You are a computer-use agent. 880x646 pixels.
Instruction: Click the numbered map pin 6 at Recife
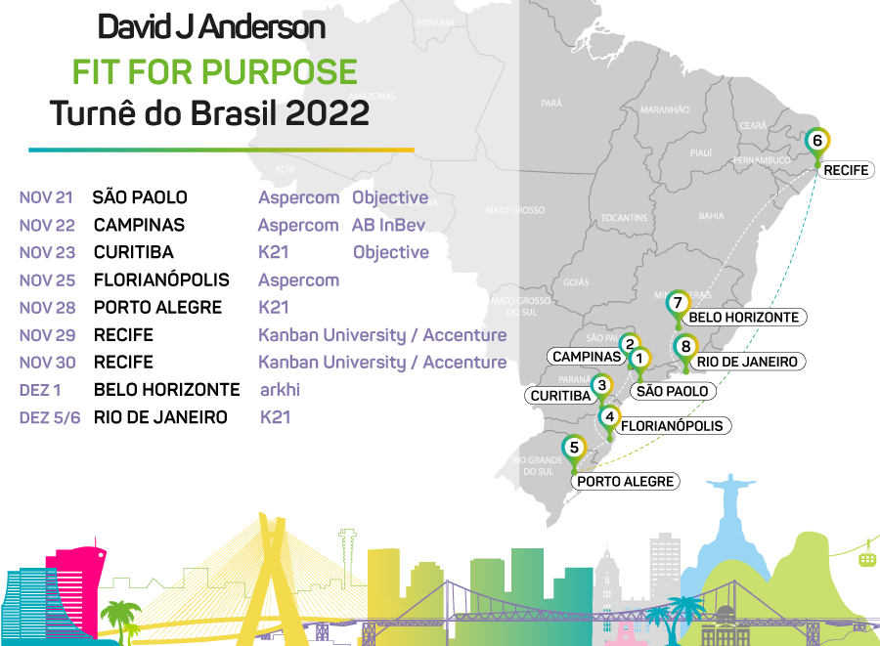(818, 141)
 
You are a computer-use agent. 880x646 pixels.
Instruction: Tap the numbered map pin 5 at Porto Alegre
(575, 449)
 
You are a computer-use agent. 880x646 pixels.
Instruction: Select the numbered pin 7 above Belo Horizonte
(676, 302)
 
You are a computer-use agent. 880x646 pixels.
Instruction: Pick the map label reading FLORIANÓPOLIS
(672, 426)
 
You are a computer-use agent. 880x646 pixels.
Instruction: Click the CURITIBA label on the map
(560, 396)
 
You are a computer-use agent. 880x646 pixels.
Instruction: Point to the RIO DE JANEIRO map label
(747, 362)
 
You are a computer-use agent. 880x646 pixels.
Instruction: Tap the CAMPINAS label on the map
(587, 357)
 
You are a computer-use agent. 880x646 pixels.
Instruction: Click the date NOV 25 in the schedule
(46, 280)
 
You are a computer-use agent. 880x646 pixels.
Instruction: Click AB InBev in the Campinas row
(389, 225)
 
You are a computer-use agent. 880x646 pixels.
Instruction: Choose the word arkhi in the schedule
(280, 390)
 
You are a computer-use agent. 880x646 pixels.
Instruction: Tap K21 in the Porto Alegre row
(274, 307)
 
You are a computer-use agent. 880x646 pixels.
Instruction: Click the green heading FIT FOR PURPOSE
(214, 71)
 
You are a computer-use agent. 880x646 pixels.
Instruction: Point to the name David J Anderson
(211, 27)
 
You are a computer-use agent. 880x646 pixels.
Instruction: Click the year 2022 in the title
(328, 113)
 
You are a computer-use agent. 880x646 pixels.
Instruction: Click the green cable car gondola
(866, 557)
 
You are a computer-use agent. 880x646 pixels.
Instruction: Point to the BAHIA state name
(711, 216)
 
